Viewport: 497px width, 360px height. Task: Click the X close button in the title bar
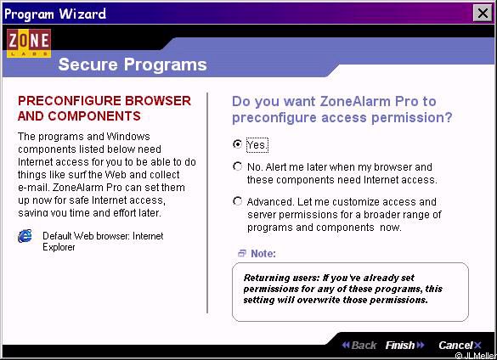[483, 14]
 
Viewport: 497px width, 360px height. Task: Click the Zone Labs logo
[29, 43]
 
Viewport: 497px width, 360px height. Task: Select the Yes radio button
[237, 144]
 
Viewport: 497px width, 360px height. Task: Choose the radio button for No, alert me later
[237, 166]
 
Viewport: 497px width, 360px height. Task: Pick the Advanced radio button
[237, 201]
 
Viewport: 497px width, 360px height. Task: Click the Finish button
[404, 345]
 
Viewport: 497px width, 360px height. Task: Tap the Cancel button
[460, 345]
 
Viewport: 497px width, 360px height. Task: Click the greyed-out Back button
[359, 345]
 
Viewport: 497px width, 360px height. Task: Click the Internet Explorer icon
[25, 236]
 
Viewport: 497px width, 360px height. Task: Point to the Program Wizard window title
[55, 14]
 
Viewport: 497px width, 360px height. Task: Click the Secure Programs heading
[133, 65]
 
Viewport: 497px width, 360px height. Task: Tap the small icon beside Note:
[242, 253]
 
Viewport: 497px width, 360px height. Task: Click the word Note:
[263, 254]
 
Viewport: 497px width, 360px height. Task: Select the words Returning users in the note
[281, 278]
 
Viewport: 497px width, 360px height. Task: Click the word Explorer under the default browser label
[59, 247]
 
